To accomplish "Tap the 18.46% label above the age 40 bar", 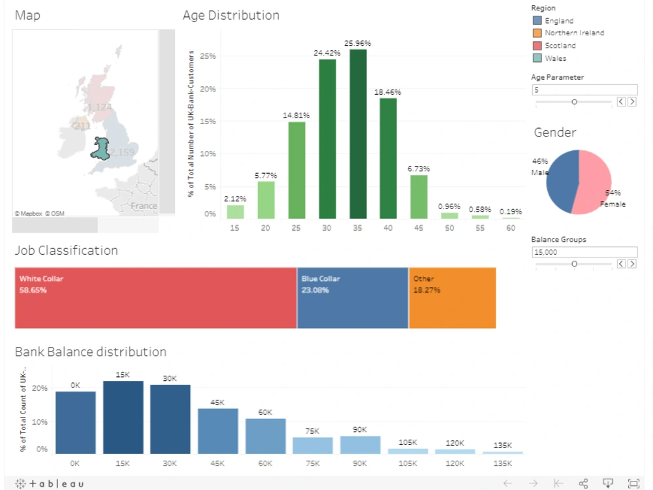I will [x=388, y=92].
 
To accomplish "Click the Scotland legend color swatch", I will [x=537, y=46].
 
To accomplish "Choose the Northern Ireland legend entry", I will [x=574, y=33].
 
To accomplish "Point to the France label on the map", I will [x=143, y=206].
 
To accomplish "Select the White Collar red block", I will [x=155, y=298].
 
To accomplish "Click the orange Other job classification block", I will [x=452, y=298].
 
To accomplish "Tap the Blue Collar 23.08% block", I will [x=353, y=298].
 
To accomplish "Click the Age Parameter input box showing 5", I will [x=584, y=90].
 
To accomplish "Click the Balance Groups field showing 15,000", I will [x=584, y=252].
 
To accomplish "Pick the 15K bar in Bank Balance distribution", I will [x=123, y=417].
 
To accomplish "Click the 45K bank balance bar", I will [x=217, y=431].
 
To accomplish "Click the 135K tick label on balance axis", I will [x=502, y=463].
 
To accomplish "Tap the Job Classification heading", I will [x=67, y=251].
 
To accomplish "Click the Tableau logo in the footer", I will [x=50, y=483].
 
